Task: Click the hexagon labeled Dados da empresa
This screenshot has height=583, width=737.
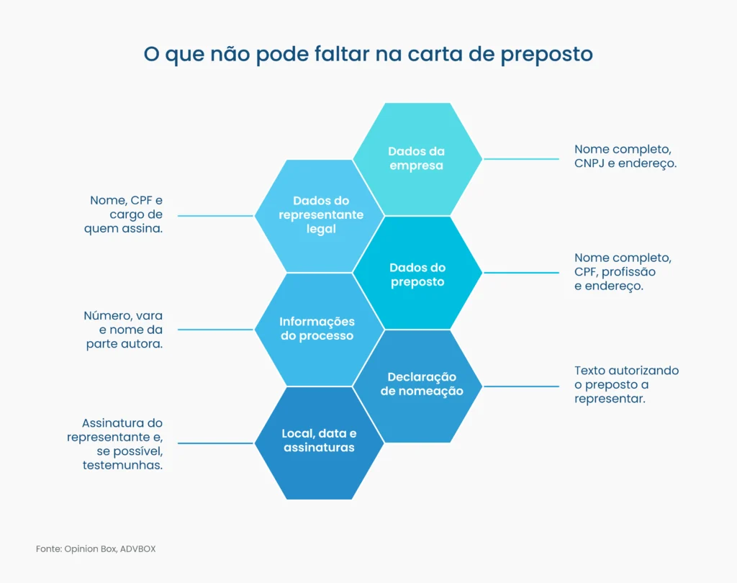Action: [417, 158]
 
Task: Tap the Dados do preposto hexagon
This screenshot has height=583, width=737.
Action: [417, 274]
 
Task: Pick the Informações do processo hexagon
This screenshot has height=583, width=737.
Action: [317, 329]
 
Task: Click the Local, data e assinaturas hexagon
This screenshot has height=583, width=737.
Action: [320, 440]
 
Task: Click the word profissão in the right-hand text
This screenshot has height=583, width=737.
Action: [628, 271]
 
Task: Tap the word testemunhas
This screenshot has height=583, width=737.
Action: [122, 466]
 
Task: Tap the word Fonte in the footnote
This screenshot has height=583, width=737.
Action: [48, 549]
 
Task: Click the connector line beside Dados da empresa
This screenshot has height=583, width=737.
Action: [521, 158]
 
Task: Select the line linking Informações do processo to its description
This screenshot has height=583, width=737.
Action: [215, 330]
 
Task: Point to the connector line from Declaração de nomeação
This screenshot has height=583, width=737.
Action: [521, 386]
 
